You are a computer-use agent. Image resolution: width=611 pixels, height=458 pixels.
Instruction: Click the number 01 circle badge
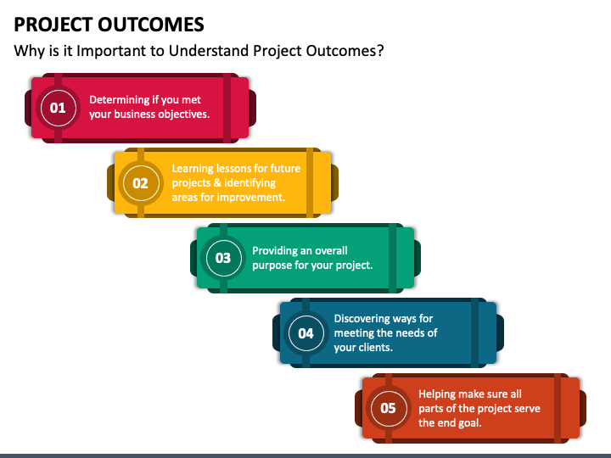58,108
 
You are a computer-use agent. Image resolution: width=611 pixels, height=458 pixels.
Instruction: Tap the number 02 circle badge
141,183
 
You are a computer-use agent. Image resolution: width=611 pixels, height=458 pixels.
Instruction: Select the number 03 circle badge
223,258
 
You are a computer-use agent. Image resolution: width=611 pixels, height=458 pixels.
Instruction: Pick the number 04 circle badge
305,333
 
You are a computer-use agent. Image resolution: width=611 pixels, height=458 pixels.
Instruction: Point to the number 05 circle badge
389,408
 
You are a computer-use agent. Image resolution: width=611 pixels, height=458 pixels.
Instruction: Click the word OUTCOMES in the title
151,25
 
